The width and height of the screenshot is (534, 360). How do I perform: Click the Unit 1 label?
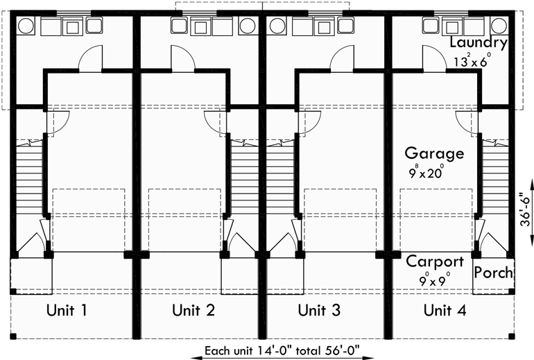[67, 310]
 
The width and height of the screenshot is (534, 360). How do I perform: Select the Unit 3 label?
[319, 310]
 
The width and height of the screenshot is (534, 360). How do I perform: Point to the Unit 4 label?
[445, 310]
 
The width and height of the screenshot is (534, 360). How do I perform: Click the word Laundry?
[479, 43]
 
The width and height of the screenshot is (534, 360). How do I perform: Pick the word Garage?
[434, 153]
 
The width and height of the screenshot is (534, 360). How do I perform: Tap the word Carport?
[435, 262]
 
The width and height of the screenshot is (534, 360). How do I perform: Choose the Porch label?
[494, 272]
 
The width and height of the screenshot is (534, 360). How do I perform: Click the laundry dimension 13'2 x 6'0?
[472, 60]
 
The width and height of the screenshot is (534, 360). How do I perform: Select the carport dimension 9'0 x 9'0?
[435, 280]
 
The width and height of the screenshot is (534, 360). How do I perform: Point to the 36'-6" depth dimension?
[527, 208]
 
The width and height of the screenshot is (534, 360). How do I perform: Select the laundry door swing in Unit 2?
[183, 60]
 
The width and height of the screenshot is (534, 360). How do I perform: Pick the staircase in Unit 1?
[29, 177]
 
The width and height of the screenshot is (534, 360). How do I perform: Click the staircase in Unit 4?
[495, 177]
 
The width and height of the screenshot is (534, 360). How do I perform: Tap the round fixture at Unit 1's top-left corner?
[26, 26]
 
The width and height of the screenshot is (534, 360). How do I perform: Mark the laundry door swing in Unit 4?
[435, 60]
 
